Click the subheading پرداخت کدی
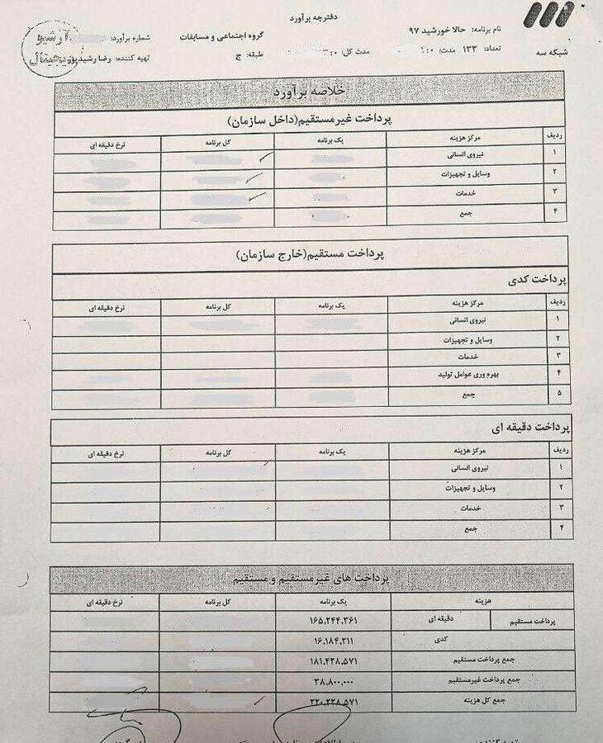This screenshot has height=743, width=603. click(x=541, y=281)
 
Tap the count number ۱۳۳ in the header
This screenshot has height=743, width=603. click(x=471, y=50)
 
